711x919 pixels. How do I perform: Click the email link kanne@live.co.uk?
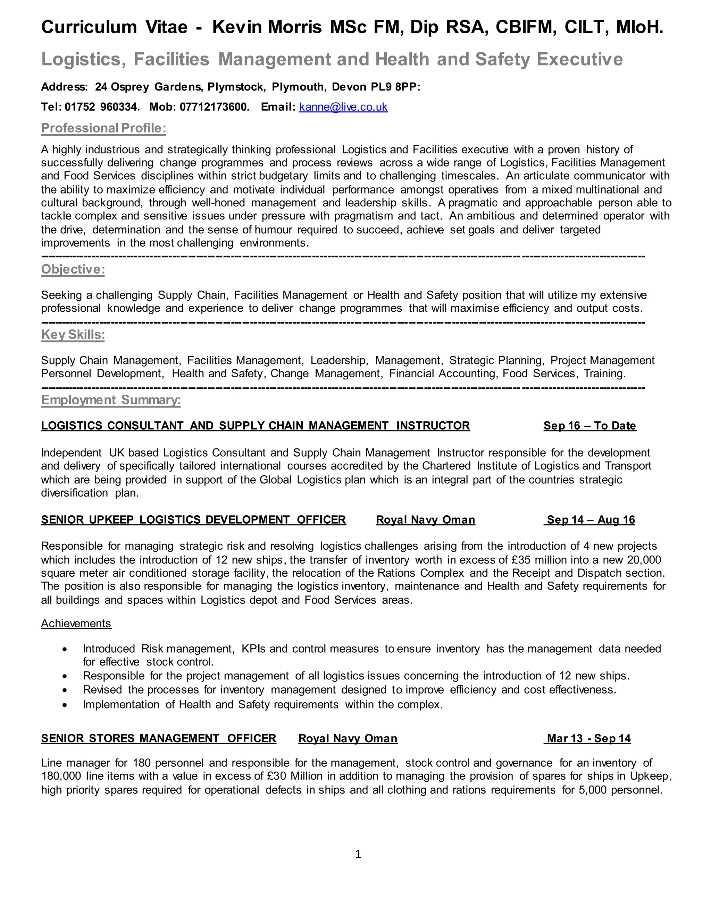click(x=343, y=107)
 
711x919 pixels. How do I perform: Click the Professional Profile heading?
click(x=103, y=128)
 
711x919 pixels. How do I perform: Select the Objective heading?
click(x=73, y=269)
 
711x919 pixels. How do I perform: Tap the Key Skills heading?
click(x=73, y=335)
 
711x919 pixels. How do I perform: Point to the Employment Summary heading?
click(x=111, y=400)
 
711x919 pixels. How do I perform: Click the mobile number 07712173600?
click(x=214, y=107)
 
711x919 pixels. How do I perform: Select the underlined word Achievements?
click(x=76, y=623)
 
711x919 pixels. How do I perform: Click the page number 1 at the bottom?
click(x=358, y=854)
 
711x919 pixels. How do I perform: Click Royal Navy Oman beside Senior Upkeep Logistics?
click(x=425, y=520)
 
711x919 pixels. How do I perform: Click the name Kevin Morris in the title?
click(x=267, y=27)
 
